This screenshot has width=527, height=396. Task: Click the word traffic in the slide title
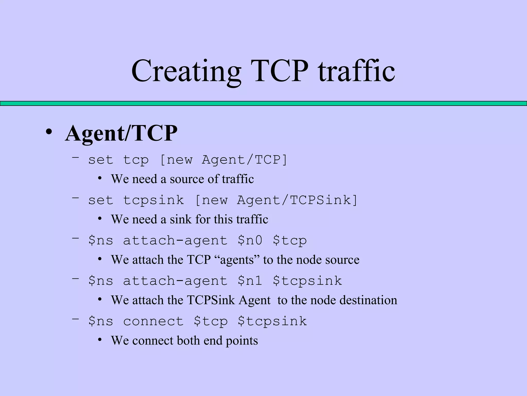[356, 71]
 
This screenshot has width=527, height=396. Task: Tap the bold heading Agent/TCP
[121, 133]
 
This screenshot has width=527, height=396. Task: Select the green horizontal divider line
[263, 103]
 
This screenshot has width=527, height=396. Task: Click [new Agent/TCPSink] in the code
[276, 200]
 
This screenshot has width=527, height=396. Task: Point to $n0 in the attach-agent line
[250, 241]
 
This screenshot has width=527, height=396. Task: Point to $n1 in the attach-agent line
[250, 281]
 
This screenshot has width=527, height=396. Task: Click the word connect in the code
[153, 321]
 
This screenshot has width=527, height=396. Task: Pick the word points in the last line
[242, 341]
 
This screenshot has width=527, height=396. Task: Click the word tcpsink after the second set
[153, 200]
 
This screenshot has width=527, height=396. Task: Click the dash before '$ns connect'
[75, 319]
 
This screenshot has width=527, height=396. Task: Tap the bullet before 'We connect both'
[100, 340]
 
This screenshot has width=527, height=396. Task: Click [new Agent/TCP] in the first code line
[223, 160]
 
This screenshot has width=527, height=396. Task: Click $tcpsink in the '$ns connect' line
[272, 321]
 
